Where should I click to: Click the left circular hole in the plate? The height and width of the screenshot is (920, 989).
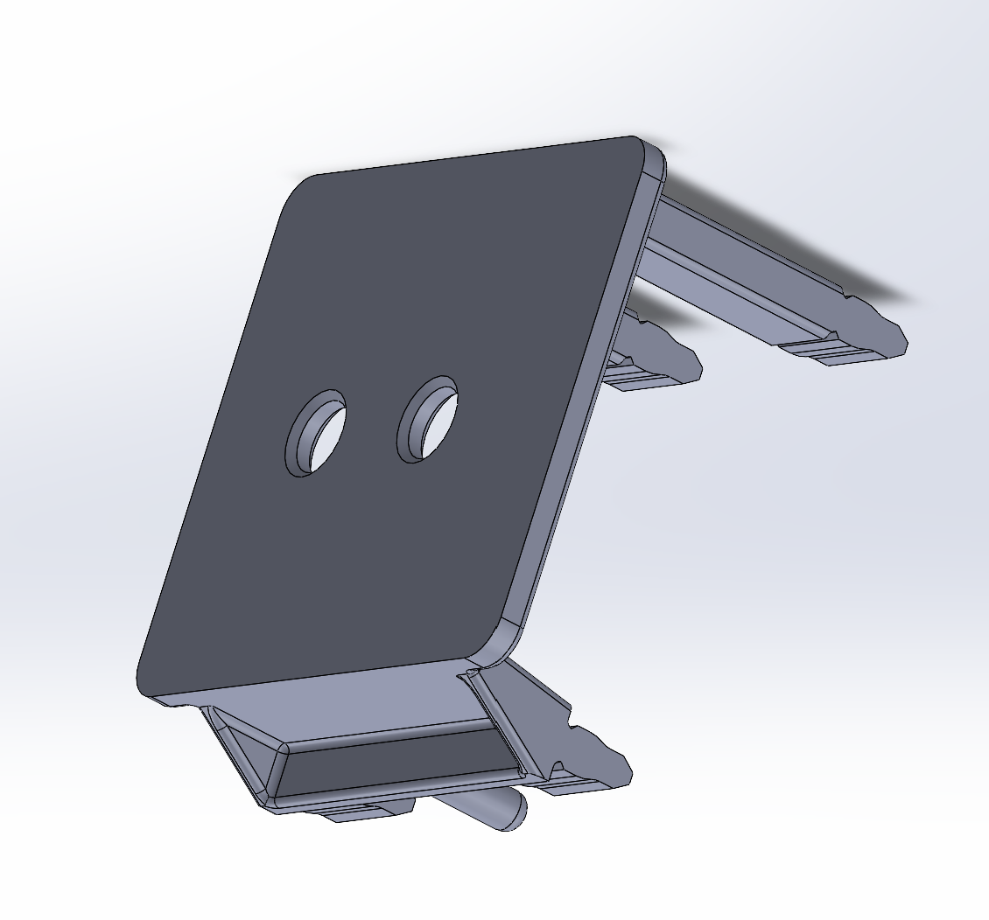coord(316,432)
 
